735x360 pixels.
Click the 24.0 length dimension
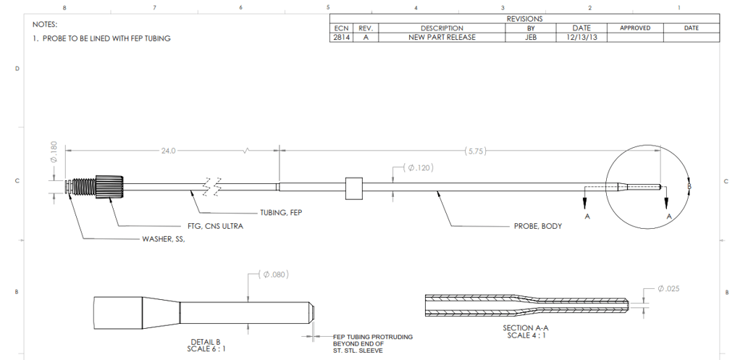pos(168,151)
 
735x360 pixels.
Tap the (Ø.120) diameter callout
pos(420,168)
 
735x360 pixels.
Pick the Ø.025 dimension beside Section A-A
pos(668,288)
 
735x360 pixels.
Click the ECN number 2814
pos(340,37)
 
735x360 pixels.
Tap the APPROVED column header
pos(635,28)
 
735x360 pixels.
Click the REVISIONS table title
pos(525,19)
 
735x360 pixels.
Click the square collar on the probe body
pos(354,187)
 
